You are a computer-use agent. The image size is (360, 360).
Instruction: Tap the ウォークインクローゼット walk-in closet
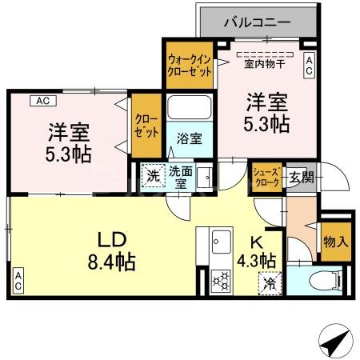tap(190, 63)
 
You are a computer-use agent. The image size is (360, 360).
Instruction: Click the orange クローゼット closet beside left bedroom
tap(146, 126)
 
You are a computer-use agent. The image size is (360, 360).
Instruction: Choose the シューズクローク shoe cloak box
tap(266, 176)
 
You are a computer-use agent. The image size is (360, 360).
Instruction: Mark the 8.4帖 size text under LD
tap(111, 261)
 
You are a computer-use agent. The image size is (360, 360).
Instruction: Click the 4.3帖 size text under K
tap(257, 261)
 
